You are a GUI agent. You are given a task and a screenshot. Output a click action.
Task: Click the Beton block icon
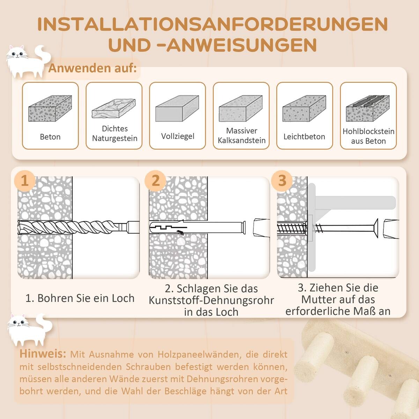[x=50, y=108]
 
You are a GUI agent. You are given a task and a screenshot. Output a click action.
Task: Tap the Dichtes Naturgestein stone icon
[x=113, y=109]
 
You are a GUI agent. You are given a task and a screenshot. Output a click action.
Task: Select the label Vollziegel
[x=177, y=136]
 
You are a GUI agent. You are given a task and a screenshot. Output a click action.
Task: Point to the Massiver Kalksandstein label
[x=242, y=135]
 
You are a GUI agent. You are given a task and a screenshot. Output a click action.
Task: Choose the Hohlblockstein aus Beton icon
[x=368, y=108]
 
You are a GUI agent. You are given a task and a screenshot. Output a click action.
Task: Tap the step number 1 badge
[x=24, y=181]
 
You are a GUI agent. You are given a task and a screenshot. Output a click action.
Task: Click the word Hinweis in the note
[x=43, y=353]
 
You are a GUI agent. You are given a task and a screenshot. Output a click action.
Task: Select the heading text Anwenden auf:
[x=92, y=68]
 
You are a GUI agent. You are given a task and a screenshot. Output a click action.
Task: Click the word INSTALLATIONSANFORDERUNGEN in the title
[x=212, y=24]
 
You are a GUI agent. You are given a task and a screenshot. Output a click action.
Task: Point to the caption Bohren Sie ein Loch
[x=80, y=298]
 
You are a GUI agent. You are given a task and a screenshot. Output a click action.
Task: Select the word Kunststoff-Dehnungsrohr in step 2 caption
[x=211, y=300]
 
